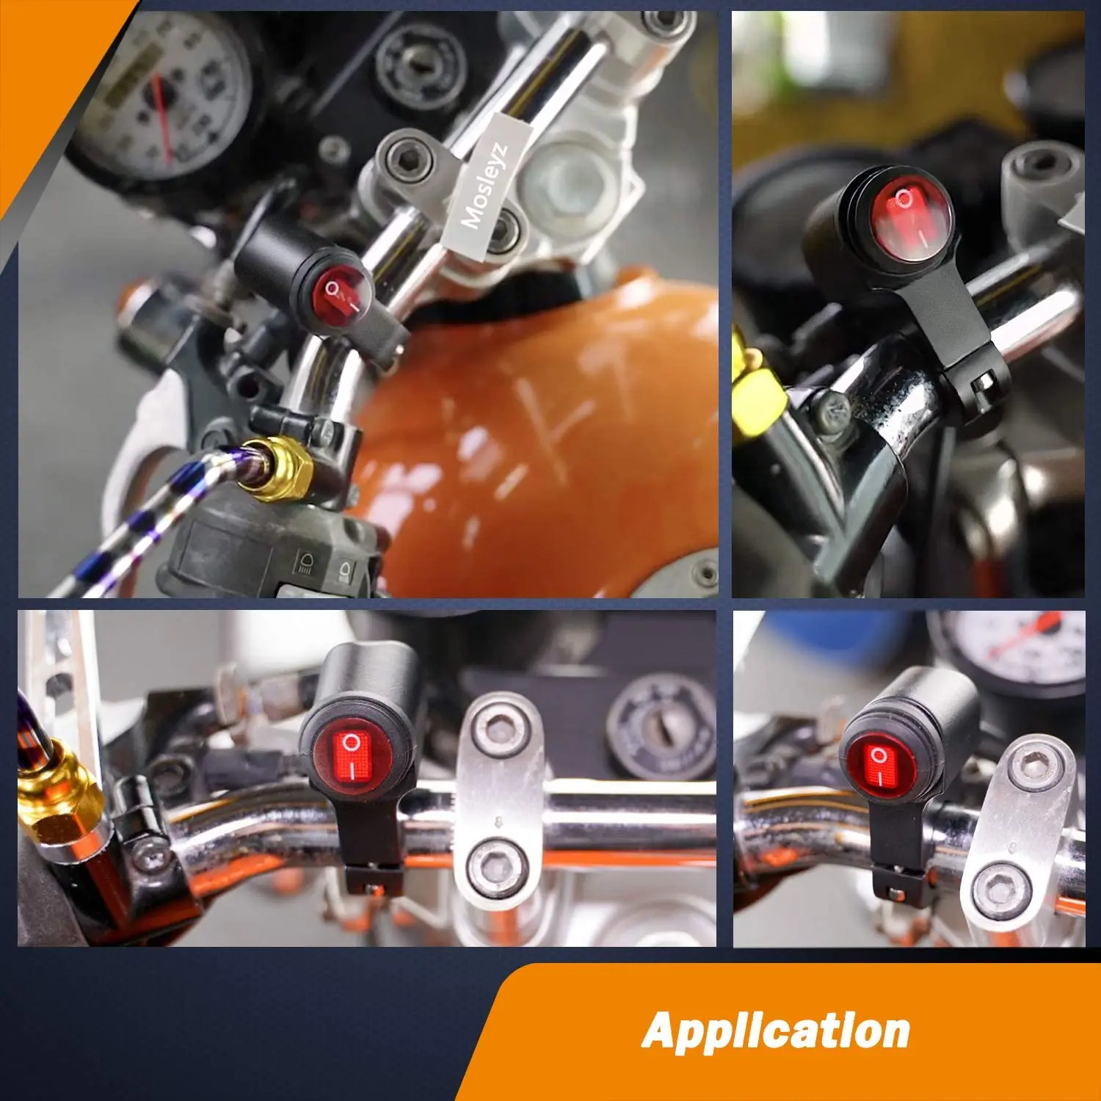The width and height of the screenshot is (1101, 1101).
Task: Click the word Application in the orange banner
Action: (776, 1031)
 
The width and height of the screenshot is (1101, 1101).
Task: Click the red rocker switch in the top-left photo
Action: (344, 295)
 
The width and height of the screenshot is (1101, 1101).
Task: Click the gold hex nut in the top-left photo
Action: (279, 468)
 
